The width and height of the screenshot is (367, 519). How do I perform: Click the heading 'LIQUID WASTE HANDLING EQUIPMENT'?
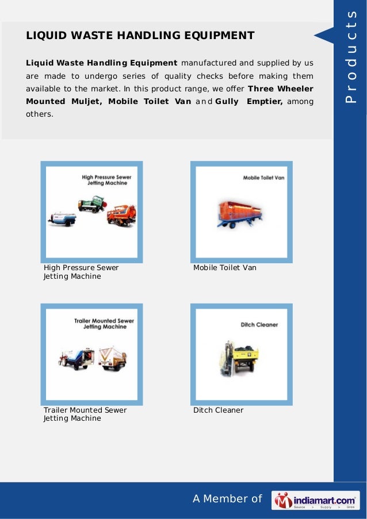140,36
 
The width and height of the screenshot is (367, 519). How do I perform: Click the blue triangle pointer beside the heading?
323,36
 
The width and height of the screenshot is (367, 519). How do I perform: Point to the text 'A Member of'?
227,499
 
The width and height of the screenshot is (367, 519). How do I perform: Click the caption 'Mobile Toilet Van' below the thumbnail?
225,268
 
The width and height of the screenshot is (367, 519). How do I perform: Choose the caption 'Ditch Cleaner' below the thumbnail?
218,410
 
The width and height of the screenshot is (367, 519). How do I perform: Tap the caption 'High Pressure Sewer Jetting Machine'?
81,272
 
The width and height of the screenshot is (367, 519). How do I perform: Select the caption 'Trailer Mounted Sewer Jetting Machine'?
85,414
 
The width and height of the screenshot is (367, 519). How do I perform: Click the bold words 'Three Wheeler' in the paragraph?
281,89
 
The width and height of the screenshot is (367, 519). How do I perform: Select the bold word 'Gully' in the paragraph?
227,101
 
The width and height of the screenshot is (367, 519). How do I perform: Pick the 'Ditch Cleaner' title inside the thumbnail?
259,325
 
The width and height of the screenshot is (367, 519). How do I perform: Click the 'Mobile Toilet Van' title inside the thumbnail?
263,178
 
